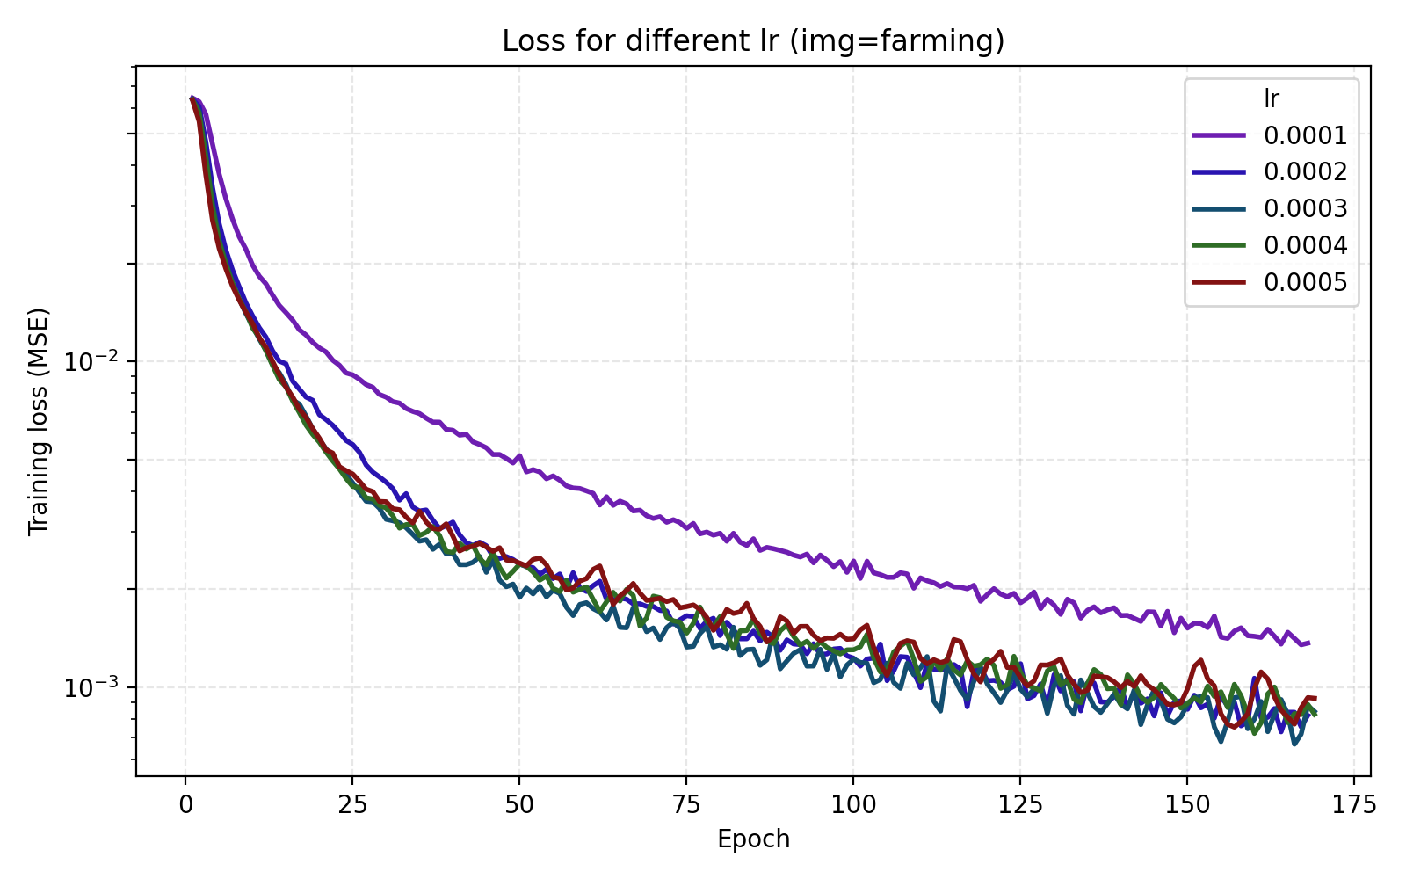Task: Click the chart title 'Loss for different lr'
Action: coord(753,41)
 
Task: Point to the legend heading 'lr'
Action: coord(1271,98)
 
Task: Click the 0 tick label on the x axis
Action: coord(185,805)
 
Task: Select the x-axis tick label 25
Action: coord(352,805)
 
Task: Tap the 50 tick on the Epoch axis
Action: coord(519,805)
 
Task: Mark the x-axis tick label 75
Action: coord(686,805)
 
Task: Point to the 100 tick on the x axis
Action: coord(853,805)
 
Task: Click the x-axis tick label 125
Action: coord(1020,805)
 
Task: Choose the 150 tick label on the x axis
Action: coord(1187,805)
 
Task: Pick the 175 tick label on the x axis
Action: coord(1354,805)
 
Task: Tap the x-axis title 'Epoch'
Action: coord(753,839)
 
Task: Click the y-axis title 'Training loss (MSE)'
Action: coord(39,421)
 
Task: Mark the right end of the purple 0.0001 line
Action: coord(1309,643)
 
